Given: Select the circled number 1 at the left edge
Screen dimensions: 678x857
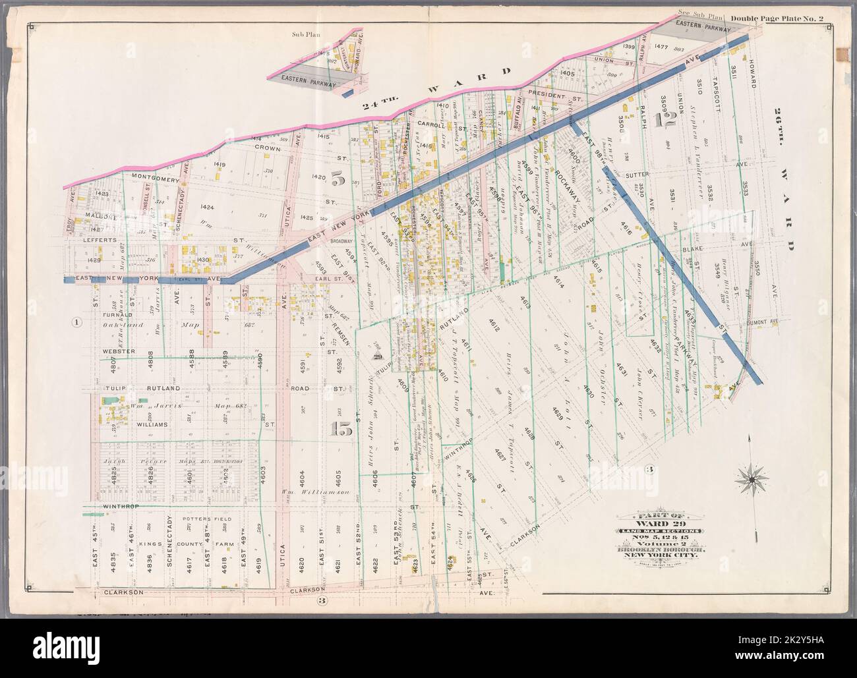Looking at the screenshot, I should coord(77,322).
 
